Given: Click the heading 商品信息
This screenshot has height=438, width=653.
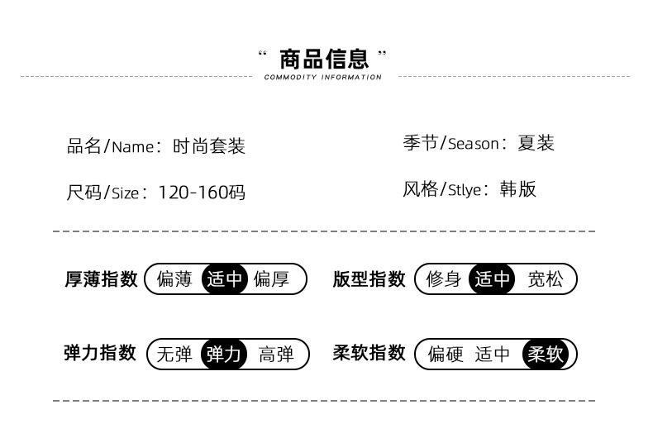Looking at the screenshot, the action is pos(323,60).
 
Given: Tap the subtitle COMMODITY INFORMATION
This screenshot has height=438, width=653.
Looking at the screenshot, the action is pos(323,78).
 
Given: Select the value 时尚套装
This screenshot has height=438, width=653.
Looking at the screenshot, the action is pos(209,146).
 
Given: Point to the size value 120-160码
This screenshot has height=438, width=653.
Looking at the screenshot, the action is pos(202,193).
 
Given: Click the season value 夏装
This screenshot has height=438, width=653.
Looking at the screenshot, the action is pos(536,143).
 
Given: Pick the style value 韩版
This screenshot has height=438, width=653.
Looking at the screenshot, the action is pos(518,189).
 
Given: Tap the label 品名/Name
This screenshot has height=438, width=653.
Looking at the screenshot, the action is pos(110,146).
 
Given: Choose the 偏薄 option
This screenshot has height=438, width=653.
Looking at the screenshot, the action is pos(174,279).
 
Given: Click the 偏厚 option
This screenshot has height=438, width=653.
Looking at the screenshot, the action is pos(271,279).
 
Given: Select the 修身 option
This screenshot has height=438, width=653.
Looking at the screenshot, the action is pos(444,279).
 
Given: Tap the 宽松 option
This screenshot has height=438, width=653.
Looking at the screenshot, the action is pos(545,279).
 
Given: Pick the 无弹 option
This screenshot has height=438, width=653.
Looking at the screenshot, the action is pos(174,355).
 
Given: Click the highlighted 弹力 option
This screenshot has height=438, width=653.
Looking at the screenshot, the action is pos(224,355).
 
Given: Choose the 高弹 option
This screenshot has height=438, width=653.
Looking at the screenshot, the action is pos(276,355).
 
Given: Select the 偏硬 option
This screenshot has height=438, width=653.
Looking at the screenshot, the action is pos(446,355).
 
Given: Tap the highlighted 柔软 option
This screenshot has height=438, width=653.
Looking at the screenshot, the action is pos(545,355).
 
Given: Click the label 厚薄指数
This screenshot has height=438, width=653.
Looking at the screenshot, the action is pos(101,279).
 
